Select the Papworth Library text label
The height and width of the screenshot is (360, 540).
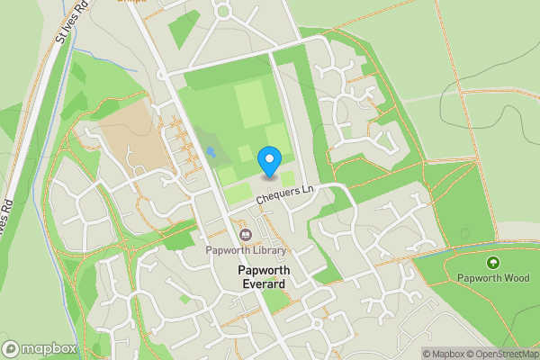click(x=245, y=250)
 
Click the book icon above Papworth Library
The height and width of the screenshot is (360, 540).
click(x=245, y=236)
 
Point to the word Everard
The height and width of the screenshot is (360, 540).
click(x=261, y=283)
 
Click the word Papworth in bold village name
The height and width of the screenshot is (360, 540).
click(x=261, y=270)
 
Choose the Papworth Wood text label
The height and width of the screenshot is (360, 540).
click(x=492, y=277)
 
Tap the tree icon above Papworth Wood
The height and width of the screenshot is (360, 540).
click(x=492, y=263)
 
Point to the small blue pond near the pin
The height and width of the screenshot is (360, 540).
click(x=210, y=154)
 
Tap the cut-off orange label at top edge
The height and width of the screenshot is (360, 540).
click(x=131, y=2)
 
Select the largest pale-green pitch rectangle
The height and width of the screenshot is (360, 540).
click(x=252, y=104)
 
